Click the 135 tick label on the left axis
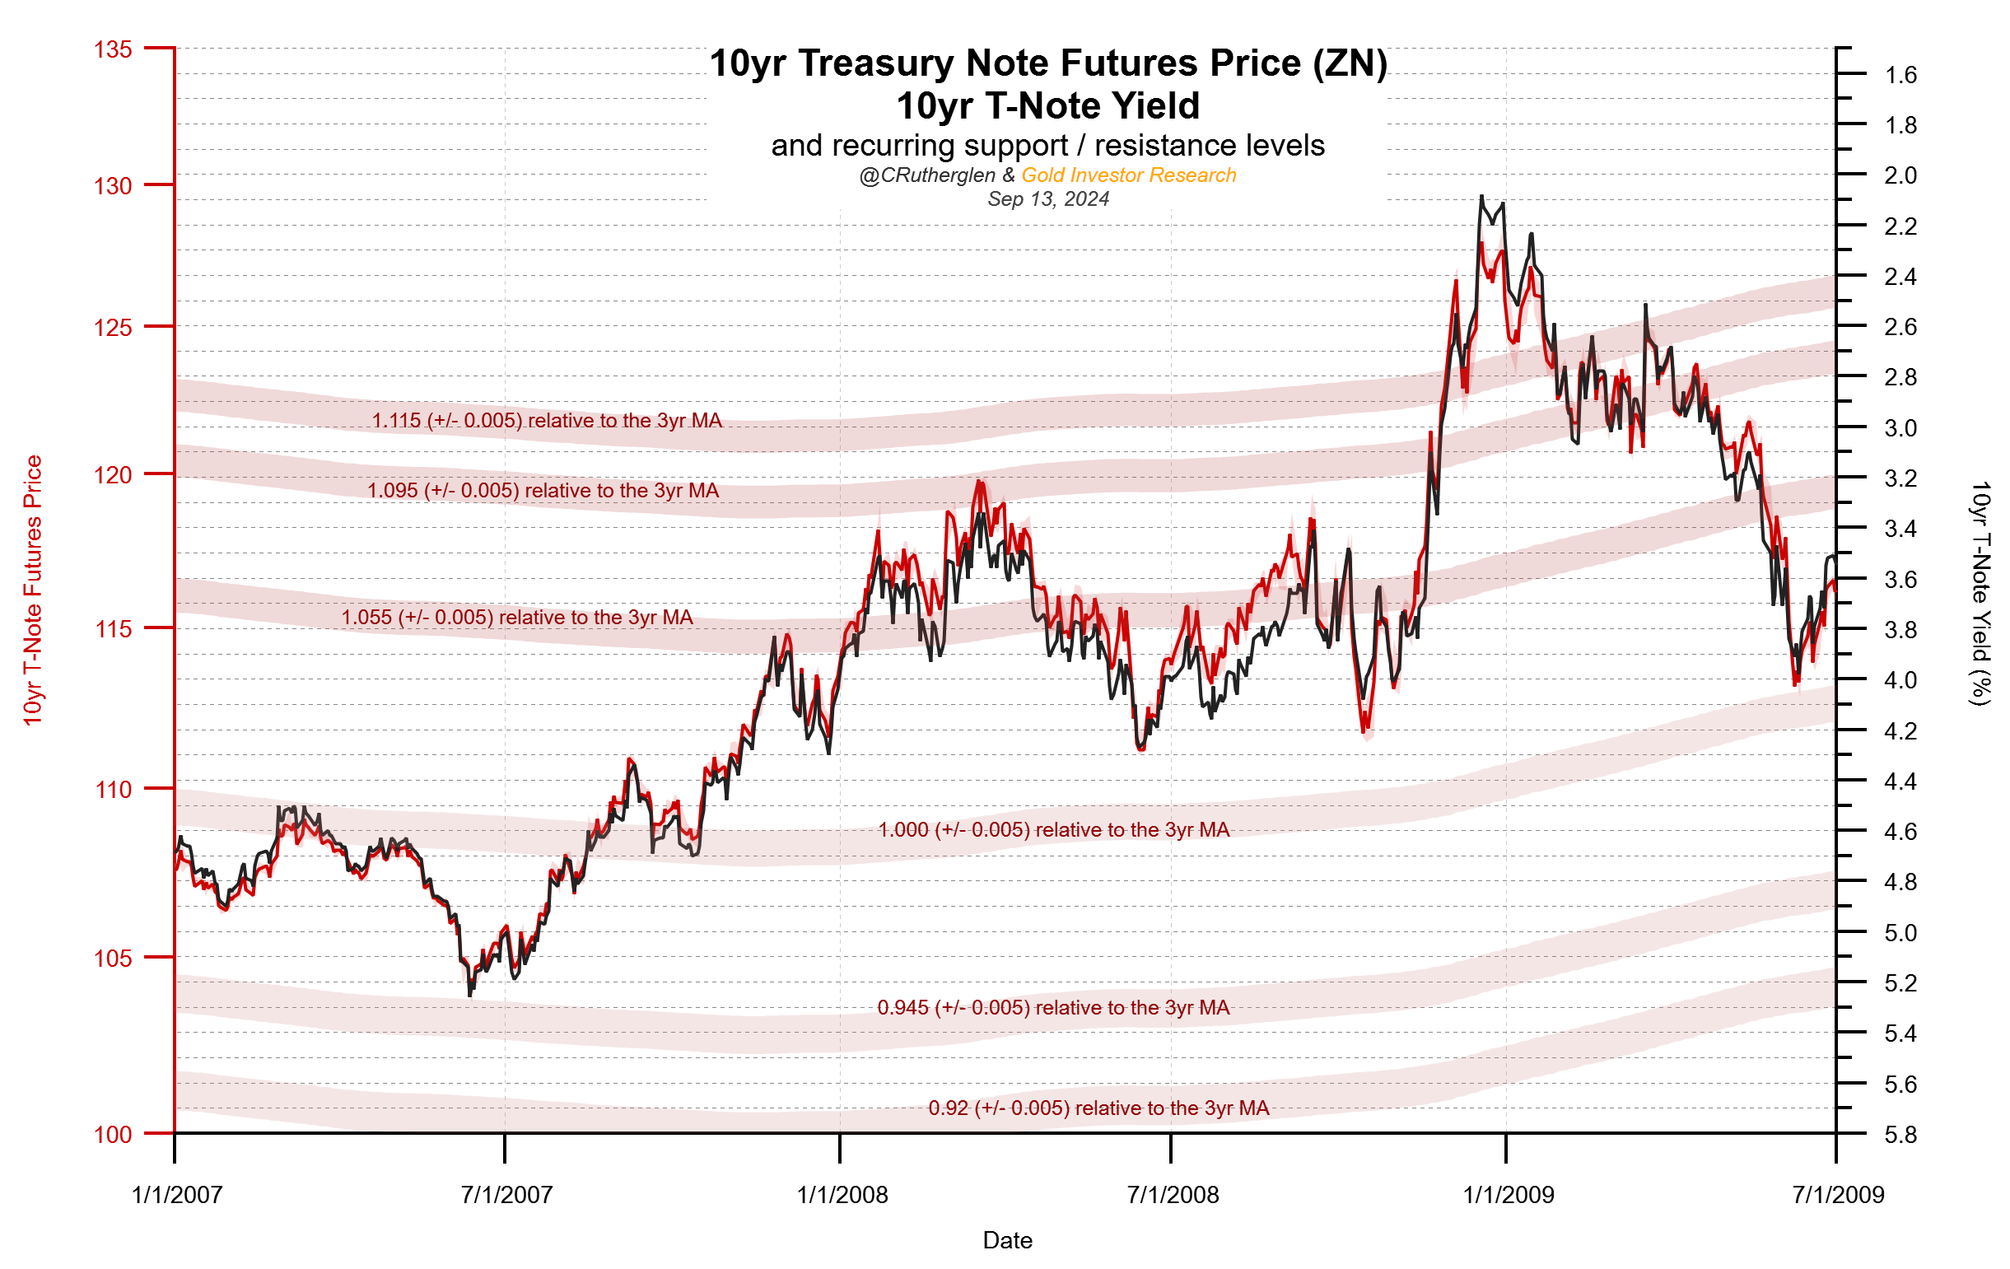click(x=113, y=50)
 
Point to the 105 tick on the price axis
click(x=113, y=959)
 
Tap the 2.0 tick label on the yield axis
click(x=1900, y=176)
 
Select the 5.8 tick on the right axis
click(x=1900, y=1136)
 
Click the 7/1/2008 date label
click(x=1173, y=1196)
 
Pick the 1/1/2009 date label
click(x=1509, y=1196)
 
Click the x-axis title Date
click(x=1008, y=1241)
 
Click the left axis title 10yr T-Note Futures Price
click(x=32, y=590)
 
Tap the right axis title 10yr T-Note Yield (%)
click(x=1980, y=594)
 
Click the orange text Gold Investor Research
click(x=1129, y=175)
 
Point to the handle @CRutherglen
click(x=926, y=175)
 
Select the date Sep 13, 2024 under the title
click(x=1048, y=199)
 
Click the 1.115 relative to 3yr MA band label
click(x=547, y=421)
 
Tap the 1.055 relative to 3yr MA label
click(x=516, y=618)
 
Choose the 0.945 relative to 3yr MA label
click(x=1053, y=1008)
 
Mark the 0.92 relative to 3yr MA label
click(x=1098, y=1108)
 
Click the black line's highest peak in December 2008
click(x=1481, y=197)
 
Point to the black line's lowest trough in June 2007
click(x=470, y=995)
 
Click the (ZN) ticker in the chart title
click(x=1350, y=64)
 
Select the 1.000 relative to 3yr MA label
click(x=1053, y=830)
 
